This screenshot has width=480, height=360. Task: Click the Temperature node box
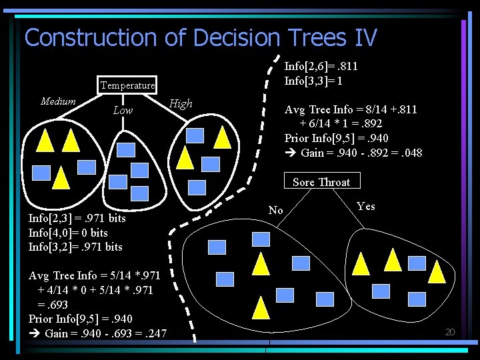(127, 85)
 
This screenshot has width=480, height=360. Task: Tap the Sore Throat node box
(321, 182)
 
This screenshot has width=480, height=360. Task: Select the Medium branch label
(58, 101)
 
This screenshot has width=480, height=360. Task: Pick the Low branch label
(123, 111)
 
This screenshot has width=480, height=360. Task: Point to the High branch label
(181, 103)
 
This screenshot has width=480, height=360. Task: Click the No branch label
(275, 211)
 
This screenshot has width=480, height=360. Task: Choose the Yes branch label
(366, 206)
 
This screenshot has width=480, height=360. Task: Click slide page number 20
(450, 332)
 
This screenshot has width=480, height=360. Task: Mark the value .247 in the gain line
(154, 333)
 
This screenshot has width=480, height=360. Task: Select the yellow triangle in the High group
(223, 137)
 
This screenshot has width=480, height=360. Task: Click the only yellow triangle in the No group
(261, 307)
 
